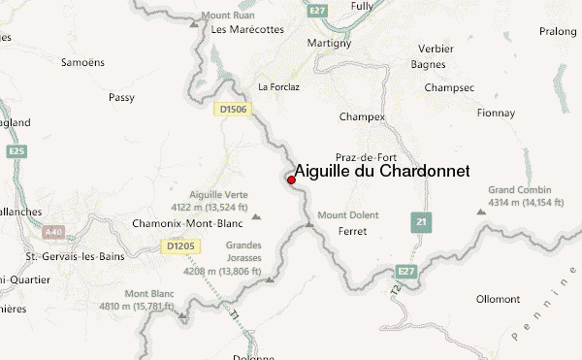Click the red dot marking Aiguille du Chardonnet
pyautogui.click(x=291, y=180)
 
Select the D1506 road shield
pyautogui.click(x=234, y=110)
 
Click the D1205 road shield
pyautogui.click(x=180, y=246)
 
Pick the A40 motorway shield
pyautogui.click(x=52, y=233)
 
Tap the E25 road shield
pyautogui.click(x=16, y=152)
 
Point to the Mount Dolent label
pyautogui.click(x=348, y=214)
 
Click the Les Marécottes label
pyautogui.click(x=247, y=29)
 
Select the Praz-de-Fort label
pyautogui.click(x=363, y=157)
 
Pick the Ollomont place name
pyautogui.click(x=500, y=299)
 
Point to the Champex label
pyautogui.click(x=362, y=117)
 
